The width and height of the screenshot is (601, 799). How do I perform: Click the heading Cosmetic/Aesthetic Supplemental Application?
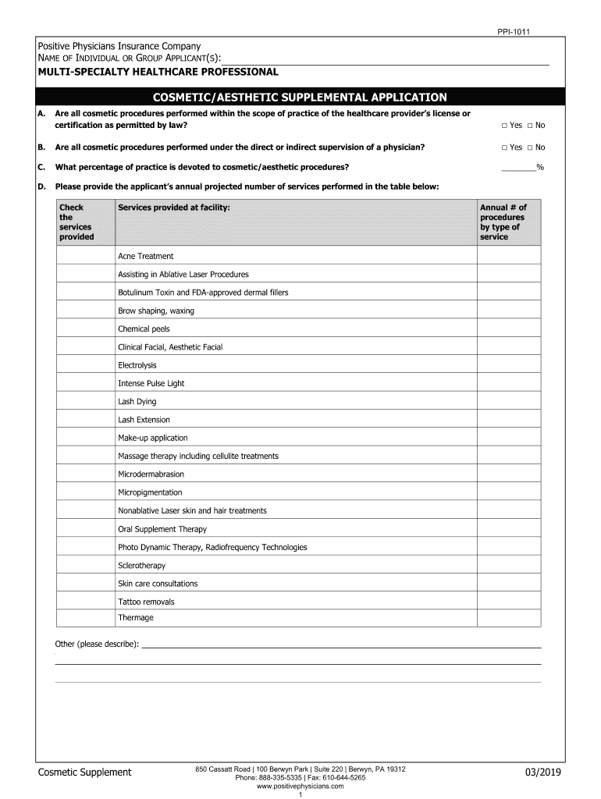click(300, 98)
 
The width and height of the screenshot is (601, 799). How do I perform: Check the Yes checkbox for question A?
click(505, 126)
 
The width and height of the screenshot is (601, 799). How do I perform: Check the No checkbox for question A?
click(530, 126)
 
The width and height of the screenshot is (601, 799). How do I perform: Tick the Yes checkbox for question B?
click(505, 147)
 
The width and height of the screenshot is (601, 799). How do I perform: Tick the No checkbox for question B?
click(530, 147)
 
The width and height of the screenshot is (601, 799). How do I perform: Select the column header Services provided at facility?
click(174, 208)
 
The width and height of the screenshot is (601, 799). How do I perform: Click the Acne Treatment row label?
click(146, 257)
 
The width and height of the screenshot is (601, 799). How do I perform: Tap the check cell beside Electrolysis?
click(85, 365)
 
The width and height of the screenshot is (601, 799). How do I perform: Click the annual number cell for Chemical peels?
click(508, 329)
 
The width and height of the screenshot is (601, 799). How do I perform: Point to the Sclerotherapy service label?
click(142, 566)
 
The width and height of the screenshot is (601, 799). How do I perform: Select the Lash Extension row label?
click(144, 420)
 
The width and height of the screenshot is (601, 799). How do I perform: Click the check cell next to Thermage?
click(85, 619)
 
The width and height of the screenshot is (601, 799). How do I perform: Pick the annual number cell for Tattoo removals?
click(508, 602)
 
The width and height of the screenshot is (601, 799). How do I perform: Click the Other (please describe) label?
click(97, 644)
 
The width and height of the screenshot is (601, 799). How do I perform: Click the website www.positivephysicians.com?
click(300, 787)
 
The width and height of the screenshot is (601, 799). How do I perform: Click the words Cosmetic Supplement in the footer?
click(85, 772)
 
